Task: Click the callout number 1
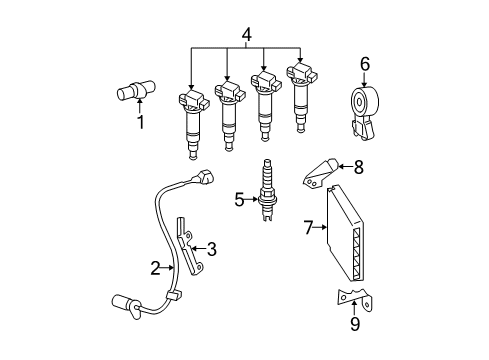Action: tap(140, 123)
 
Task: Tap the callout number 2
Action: tap(156, 267)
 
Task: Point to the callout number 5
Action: tap(239, 199)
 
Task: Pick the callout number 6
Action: tap(365, 63)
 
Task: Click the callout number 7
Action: tap(308, 229)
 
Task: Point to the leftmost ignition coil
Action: tap(193, 120)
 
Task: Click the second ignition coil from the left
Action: tap(229, 110)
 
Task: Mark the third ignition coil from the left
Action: tap(264, 100)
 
